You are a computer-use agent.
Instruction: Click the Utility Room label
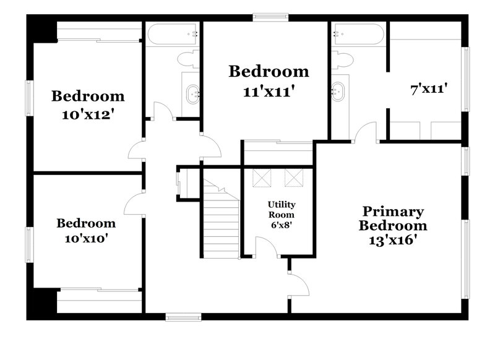[x=282, y=209]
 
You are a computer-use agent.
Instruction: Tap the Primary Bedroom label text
[x=393, y=218]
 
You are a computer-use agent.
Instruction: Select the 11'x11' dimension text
[x=268, y=92]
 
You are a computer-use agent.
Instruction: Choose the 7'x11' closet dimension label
[x=428, y=89]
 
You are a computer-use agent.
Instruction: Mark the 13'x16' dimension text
[x=394, y=239]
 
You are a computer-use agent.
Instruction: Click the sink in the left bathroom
[x=191, y=93]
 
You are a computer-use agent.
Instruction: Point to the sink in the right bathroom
[x=338, y=92]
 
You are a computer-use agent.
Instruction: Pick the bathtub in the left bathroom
[x=171, y=33]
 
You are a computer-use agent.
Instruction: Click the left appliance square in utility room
[x=262, y=178]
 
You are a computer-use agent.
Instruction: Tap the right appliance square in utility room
[x=294, y=178]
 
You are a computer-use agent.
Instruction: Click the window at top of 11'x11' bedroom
[x=265, y=17]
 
